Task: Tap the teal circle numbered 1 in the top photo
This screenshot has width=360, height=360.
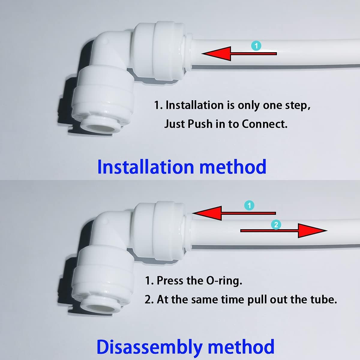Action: pos(256,46)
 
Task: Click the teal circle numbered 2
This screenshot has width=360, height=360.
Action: pos(276,224)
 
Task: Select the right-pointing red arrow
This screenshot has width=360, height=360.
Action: pos(285,230)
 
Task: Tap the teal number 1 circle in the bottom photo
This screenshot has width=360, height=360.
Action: pos(250,205)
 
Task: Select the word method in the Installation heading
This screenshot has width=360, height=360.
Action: pos(233,167)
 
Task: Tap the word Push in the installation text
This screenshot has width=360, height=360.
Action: pos(200,124)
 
